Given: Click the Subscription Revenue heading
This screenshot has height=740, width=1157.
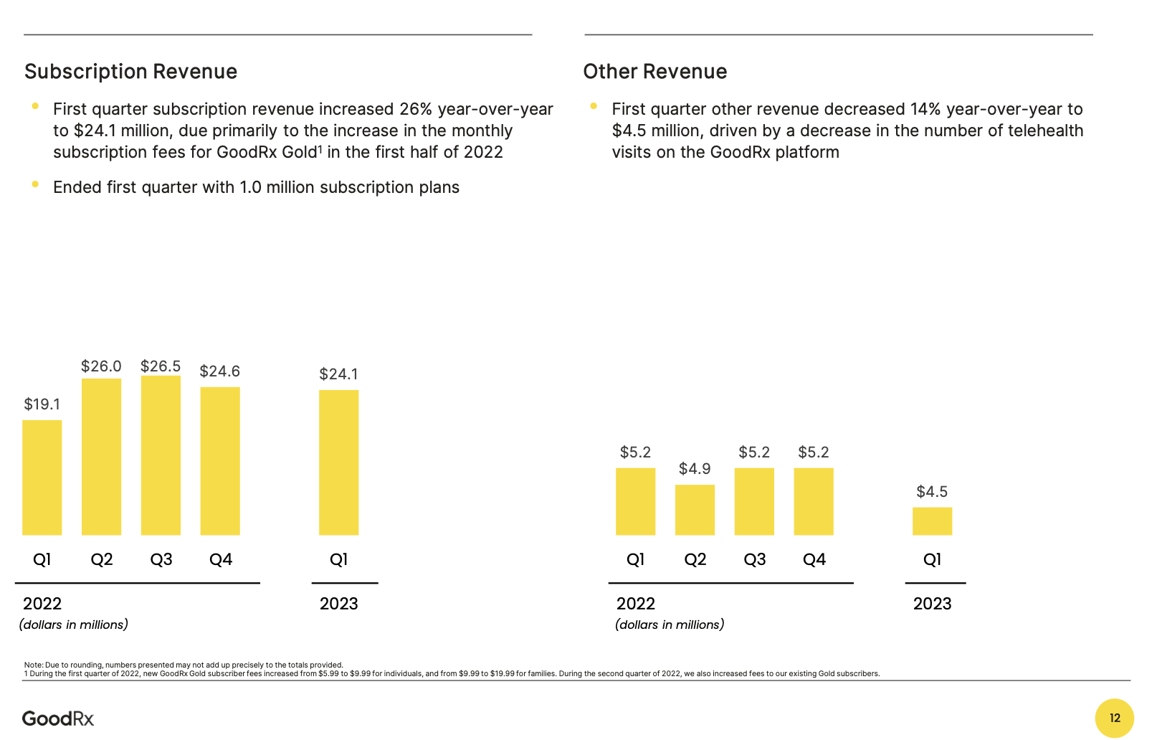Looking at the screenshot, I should click(130, 72).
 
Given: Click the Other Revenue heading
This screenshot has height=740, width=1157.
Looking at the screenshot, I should click(654, 72).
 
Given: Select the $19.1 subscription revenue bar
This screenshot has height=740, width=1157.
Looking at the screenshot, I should click(42, 478).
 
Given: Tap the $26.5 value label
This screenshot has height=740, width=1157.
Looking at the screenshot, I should click(161, 366).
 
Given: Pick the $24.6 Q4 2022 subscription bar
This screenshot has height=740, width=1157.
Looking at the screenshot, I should click(220, 461).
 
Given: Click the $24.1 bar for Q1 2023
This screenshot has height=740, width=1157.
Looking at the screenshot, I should click(338, 463).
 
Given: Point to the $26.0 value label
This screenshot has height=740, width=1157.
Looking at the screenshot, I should click(101, 366).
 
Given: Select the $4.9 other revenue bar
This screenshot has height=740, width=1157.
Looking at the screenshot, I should click(695, 510).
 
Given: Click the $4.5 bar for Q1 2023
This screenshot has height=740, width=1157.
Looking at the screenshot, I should click(932, 521).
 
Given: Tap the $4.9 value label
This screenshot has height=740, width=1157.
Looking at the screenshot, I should click(695, 469).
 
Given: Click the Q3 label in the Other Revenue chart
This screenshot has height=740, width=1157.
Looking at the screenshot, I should click(754, 559).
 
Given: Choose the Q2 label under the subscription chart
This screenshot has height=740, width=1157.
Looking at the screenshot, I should click(101, 559).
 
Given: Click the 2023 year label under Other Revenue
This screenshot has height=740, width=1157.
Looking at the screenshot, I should click(932, 604).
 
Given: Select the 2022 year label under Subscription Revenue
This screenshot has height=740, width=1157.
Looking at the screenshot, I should click(42, 604).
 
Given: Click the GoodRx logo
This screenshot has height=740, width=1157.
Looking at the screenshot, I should click(58, 718).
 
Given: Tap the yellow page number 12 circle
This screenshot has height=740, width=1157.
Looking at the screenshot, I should click(1114, 718).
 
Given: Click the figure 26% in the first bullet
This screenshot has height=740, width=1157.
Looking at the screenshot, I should click(416, 109).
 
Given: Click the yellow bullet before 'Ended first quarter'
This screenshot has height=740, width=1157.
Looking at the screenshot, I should click(35, 184).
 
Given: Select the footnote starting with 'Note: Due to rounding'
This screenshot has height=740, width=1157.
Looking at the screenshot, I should click(184, 665).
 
